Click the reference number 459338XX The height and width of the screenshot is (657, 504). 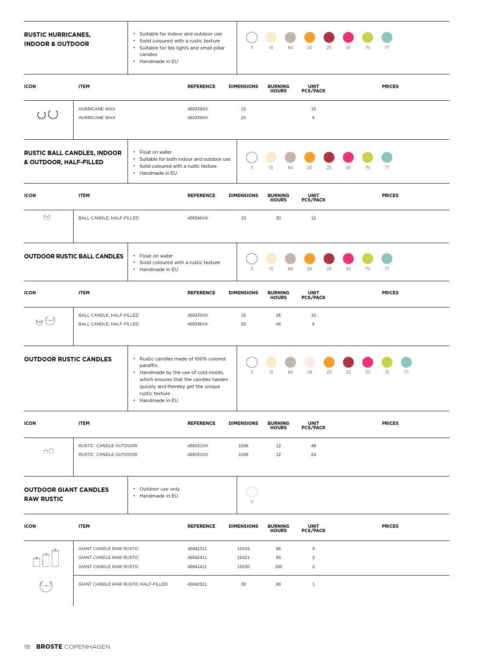pos(198,109)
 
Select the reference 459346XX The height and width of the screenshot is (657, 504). pos(198,218)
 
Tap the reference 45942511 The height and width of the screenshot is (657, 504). pos(197,584)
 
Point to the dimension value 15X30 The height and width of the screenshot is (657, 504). pos(243,567)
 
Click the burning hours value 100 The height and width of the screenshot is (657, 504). pos(278,567)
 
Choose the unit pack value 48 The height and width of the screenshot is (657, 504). pos(313,446)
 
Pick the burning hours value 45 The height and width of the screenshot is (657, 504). pos(278,324)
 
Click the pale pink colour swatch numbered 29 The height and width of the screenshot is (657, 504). pos(309,362)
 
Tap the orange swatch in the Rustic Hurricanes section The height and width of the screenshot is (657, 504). pos(309,38)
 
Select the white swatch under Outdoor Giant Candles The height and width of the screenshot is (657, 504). pos(252,492)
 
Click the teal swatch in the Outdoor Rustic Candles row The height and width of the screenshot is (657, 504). pos(406,362)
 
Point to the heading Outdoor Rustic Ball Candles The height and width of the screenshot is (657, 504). pos(74,257)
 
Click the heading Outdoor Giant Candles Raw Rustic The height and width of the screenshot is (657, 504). pos(66,495)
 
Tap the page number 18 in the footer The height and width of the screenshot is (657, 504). pos(27,647)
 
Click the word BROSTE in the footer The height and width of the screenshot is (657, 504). pos(49,647)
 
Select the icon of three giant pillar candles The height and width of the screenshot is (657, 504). pos(46,558)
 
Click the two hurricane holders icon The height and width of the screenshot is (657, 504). pos(48,115)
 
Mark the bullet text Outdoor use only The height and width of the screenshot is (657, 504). pos(160,489)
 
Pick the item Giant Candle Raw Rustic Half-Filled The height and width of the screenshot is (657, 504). pos(123,584)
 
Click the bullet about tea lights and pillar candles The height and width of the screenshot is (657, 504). pos(182,51)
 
